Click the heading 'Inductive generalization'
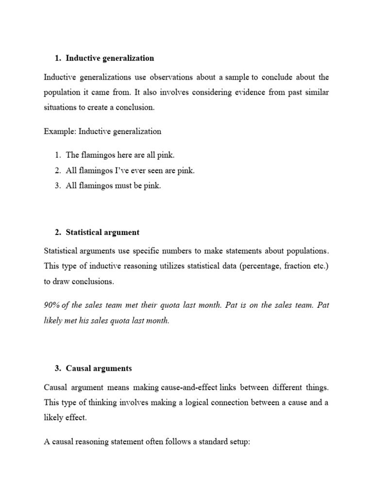[x=110, y=58]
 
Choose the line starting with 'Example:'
[x=102, y=131]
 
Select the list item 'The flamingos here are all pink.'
[x=119, y=155]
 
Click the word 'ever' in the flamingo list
[x=147, y=170]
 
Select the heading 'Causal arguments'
[x=99, y=368]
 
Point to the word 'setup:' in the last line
[x=237, y=442]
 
